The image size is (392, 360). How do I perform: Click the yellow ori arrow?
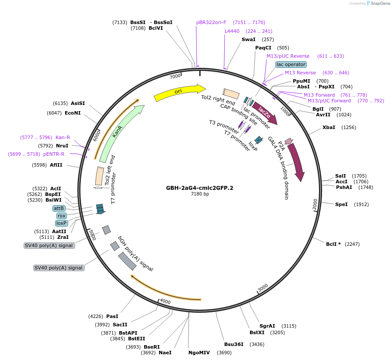pos(179,92)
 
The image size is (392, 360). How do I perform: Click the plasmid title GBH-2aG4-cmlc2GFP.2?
pos(199,188)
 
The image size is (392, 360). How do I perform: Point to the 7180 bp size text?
pos(200,194)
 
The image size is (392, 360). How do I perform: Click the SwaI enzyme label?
pos(248,39)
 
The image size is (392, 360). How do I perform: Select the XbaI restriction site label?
pos(329,127)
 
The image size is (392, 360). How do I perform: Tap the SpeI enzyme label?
pos(341,204)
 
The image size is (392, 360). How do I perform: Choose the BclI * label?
pos(333,244)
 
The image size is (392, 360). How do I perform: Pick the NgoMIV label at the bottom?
pos(199,353)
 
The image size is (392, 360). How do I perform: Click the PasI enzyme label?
pos(112,316)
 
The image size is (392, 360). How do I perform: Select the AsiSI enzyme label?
pos(78,103)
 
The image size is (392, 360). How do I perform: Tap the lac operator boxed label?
pos(291,64)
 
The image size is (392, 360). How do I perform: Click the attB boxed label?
pos(59,208)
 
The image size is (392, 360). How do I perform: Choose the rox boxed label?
pos(61,216)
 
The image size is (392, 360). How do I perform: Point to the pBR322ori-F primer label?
pos(211,22)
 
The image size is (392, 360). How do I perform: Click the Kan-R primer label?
pos(62,137)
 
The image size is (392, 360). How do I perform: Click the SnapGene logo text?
pos(378,3)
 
